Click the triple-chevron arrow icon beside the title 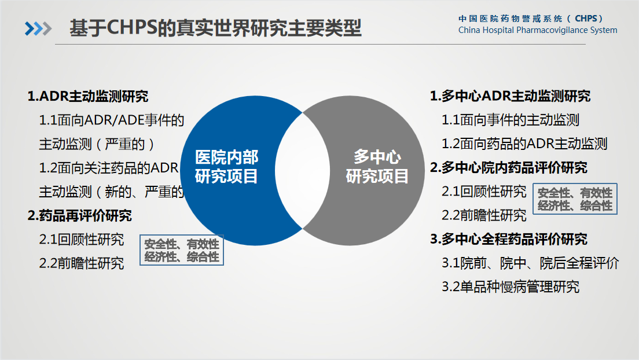38,28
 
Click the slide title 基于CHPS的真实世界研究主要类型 215,28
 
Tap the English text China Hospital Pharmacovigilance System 538,30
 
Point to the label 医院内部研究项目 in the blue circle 226,167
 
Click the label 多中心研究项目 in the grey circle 377,167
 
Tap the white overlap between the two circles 302,170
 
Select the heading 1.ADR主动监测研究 88,96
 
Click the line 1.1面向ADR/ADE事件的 112,120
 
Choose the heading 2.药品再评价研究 80,216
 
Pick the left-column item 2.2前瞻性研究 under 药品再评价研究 82,263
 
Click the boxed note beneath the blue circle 182,250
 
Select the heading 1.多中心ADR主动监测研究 511,96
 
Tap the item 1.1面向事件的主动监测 511,120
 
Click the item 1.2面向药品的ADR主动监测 524,144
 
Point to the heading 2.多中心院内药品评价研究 509,168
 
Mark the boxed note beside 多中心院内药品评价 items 575,199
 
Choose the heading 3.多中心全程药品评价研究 509,239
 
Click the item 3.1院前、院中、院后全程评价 530,263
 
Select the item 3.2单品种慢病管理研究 511,287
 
